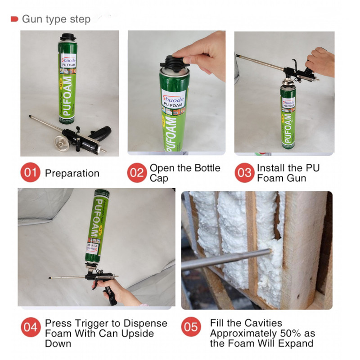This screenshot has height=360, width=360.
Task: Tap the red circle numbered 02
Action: coord(136,173)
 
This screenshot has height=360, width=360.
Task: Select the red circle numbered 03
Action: coord(245,173)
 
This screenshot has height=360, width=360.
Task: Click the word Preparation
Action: coord(72,173)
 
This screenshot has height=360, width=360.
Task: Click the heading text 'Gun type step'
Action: coord(56,19)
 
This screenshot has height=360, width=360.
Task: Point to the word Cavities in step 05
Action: coord(263,323)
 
